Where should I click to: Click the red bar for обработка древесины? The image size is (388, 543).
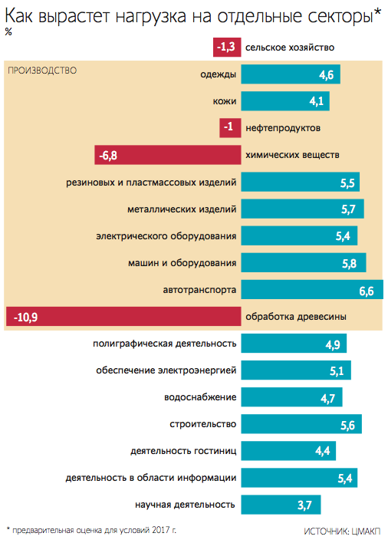[x=123, y=316]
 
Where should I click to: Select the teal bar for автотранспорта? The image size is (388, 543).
[x=312, y=289]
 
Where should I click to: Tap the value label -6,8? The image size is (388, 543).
[x=108, y=156]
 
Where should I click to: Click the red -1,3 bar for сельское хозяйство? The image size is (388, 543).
[x=227, y=47]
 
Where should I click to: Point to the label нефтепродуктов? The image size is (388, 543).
[x=283, y=128]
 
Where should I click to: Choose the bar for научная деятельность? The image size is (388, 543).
[x=281, y=505]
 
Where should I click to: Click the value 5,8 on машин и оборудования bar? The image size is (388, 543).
[x=349, y=264]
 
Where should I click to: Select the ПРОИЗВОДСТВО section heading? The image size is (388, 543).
[x=42, y=71]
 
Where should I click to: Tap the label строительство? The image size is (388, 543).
[x=203, y=424]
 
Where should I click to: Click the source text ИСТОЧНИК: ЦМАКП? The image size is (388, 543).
[x=342, y=531]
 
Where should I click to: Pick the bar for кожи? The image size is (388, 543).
[x=285, y=101]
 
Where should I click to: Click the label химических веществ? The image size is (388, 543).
[x=292, y=155]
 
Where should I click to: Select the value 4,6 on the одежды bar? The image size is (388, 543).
[x=326, y=75]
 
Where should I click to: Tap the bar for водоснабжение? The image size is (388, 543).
[x=292, y=397]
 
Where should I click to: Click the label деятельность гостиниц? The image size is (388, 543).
[x=183, y=451]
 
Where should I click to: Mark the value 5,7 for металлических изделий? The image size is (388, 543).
[x=348, y=209]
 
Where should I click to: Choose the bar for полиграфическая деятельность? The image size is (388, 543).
[x=294, y=343]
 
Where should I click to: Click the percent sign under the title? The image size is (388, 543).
[x=8, y=32]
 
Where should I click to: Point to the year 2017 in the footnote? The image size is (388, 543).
[x=160, y=530]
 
